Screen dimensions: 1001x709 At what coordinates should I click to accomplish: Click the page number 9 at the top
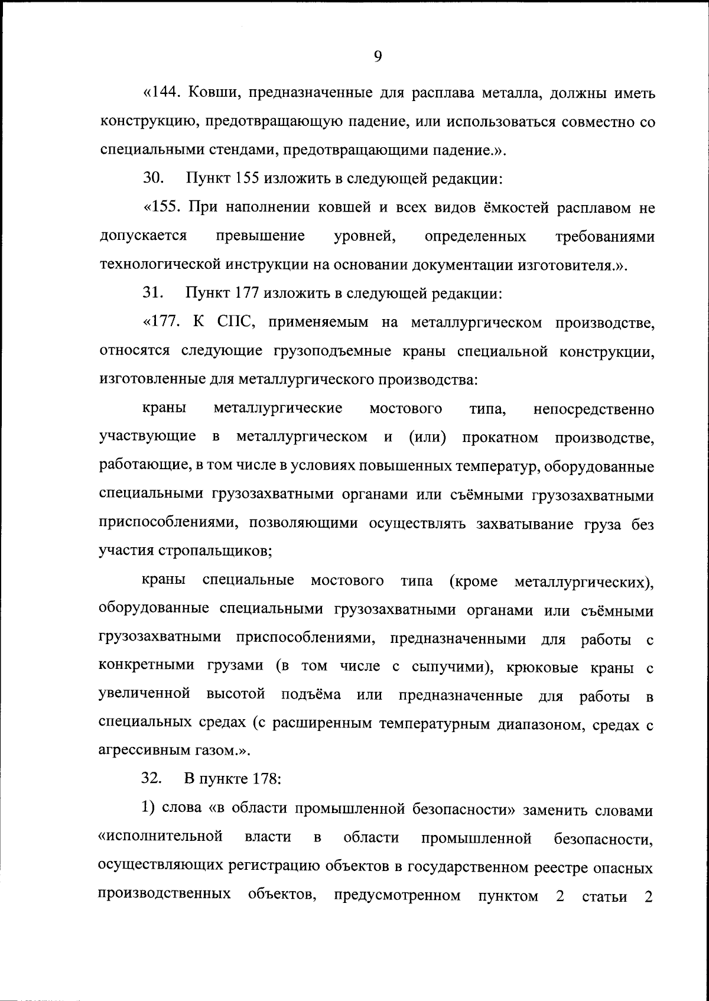pyautogui.click(x=378, y=56)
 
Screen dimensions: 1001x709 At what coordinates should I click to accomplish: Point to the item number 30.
pyautogui.click(x=152, y=179)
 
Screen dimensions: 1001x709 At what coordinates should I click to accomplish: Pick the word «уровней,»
pyautogui.click(x=365, y=236)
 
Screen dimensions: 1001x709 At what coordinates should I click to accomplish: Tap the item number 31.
pyautogui.click(x=152, y=294)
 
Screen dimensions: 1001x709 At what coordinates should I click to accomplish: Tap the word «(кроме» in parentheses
pyautogui.click(x=473, y=581)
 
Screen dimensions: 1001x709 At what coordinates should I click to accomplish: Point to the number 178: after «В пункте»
pyautogui.click(x=265, y=781)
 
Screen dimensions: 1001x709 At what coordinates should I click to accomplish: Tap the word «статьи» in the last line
pyautogui.click(x=604, y=897)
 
